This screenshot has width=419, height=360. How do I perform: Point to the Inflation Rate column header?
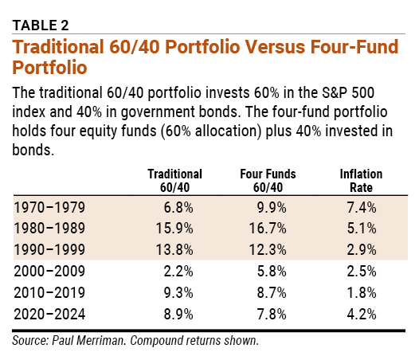(x=361, y=179)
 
